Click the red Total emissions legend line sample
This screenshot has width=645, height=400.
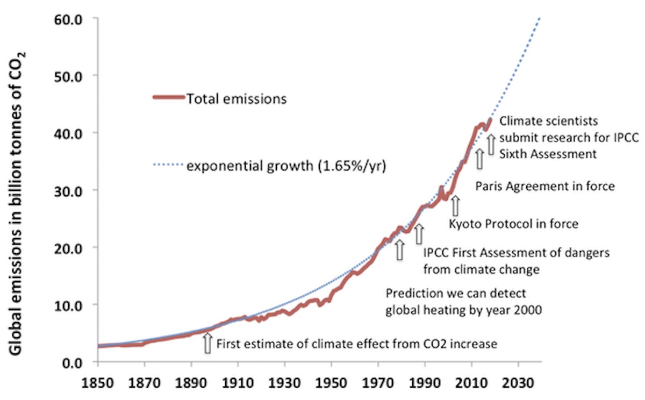point(168,98)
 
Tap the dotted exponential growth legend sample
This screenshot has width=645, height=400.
point(168,166)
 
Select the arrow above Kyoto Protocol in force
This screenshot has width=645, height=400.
point(455,205)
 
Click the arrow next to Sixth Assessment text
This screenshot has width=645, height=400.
point(491,144)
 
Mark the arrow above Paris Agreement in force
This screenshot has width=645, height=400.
point(479,159)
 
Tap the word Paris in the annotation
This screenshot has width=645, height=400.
point(488,187)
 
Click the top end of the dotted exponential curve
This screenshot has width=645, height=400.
point(539,19)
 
